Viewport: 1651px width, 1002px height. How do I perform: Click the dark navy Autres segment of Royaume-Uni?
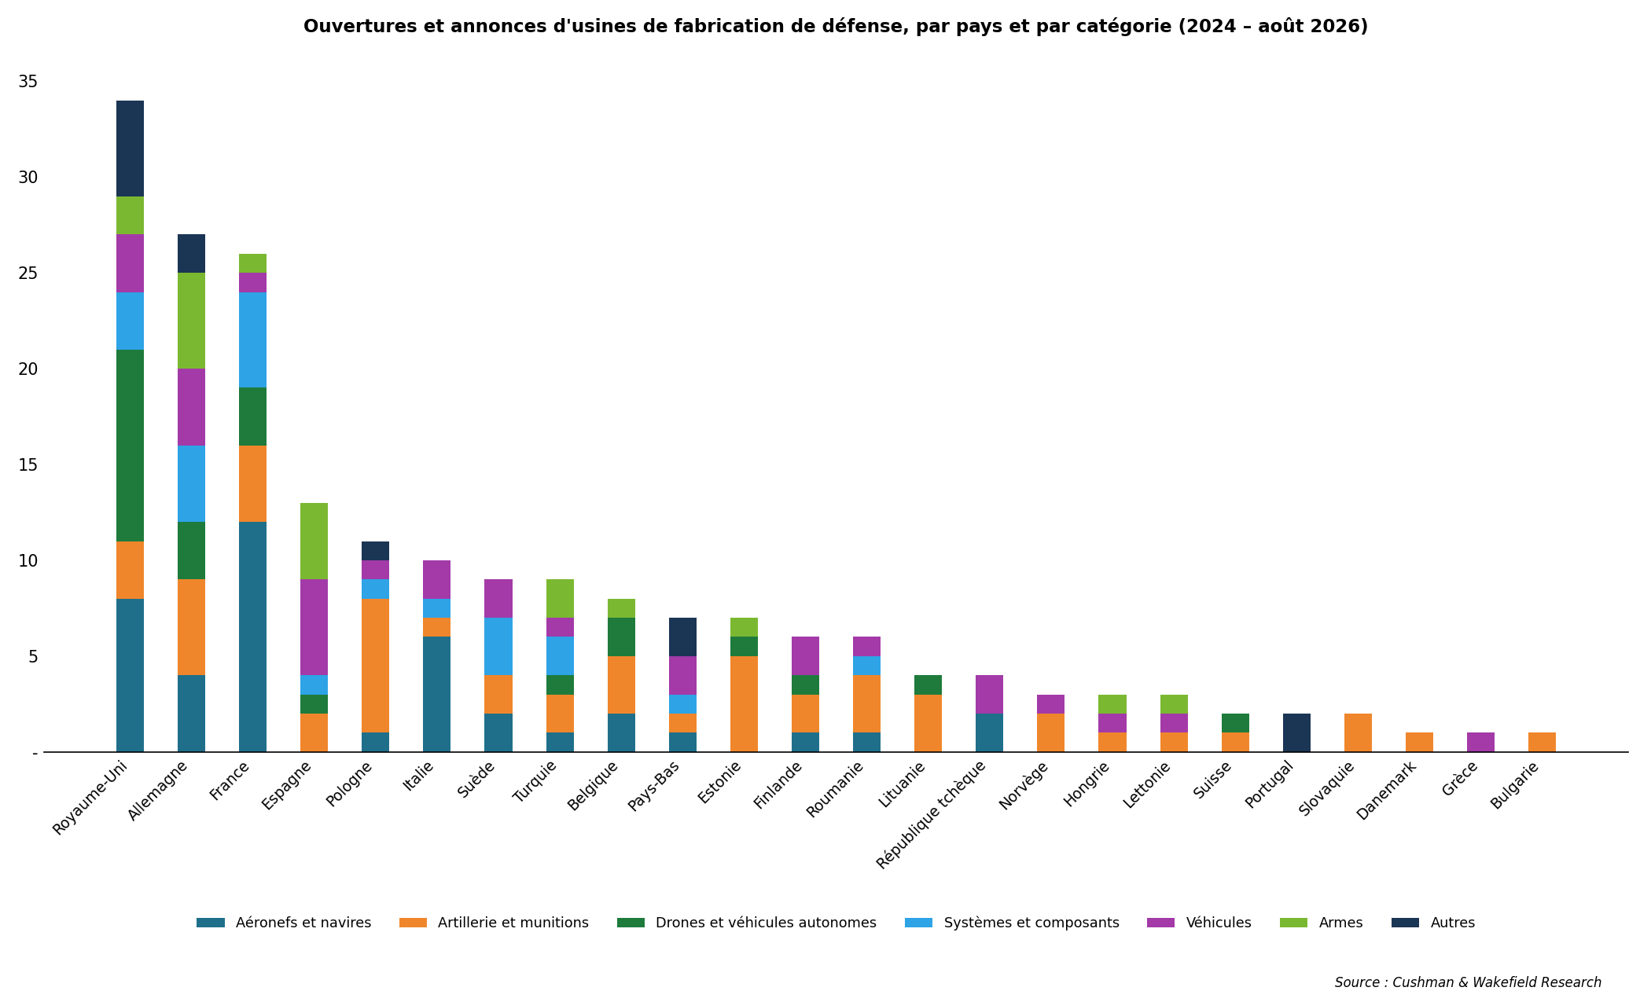tap(130, 149)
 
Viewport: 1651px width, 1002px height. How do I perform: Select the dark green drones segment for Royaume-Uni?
tap(130, 446)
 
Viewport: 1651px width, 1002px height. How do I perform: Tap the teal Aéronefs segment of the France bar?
tap(252, 637)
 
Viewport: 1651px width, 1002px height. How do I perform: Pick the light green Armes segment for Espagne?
tap(314, 541)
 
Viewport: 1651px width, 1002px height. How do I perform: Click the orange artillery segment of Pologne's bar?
tap(375, 666)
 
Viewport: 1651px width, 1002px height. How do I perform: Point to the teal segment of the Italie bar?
tap(436, 695)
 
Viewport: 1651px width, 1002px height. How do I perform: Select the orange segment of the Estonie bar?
tap(744, 704)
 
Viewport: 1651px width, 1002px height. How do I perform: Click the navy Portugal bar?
tap(1296, 733)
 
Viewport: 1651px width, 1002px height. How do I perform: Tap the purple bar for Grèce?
tap(1480, 743)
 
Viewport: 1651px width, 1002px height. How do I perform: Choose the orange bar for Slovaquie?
tap(1358, 733)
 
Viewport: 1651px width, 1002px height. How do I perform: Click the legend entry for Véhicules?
tap(1199, 923)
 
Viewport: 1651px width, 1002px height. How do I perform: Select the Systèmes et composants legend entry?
tap(1012, 923)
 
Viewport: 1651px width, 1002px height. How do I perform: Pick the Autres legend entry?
tap(1433, 923)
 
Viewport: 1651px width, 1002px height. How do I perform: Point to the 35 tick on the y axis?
tap(28, 82)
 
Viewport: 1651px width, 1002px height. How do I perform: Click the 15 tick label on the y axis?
tap(28, 465)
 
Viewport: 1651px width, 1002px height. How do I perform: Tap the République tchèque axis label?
tap(932, 814)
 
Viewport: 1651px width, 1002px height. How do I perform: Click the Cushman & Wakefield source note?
tap(1468, 982)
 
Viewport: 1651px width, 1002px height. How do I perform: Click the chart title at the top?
tap(836, 27)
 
